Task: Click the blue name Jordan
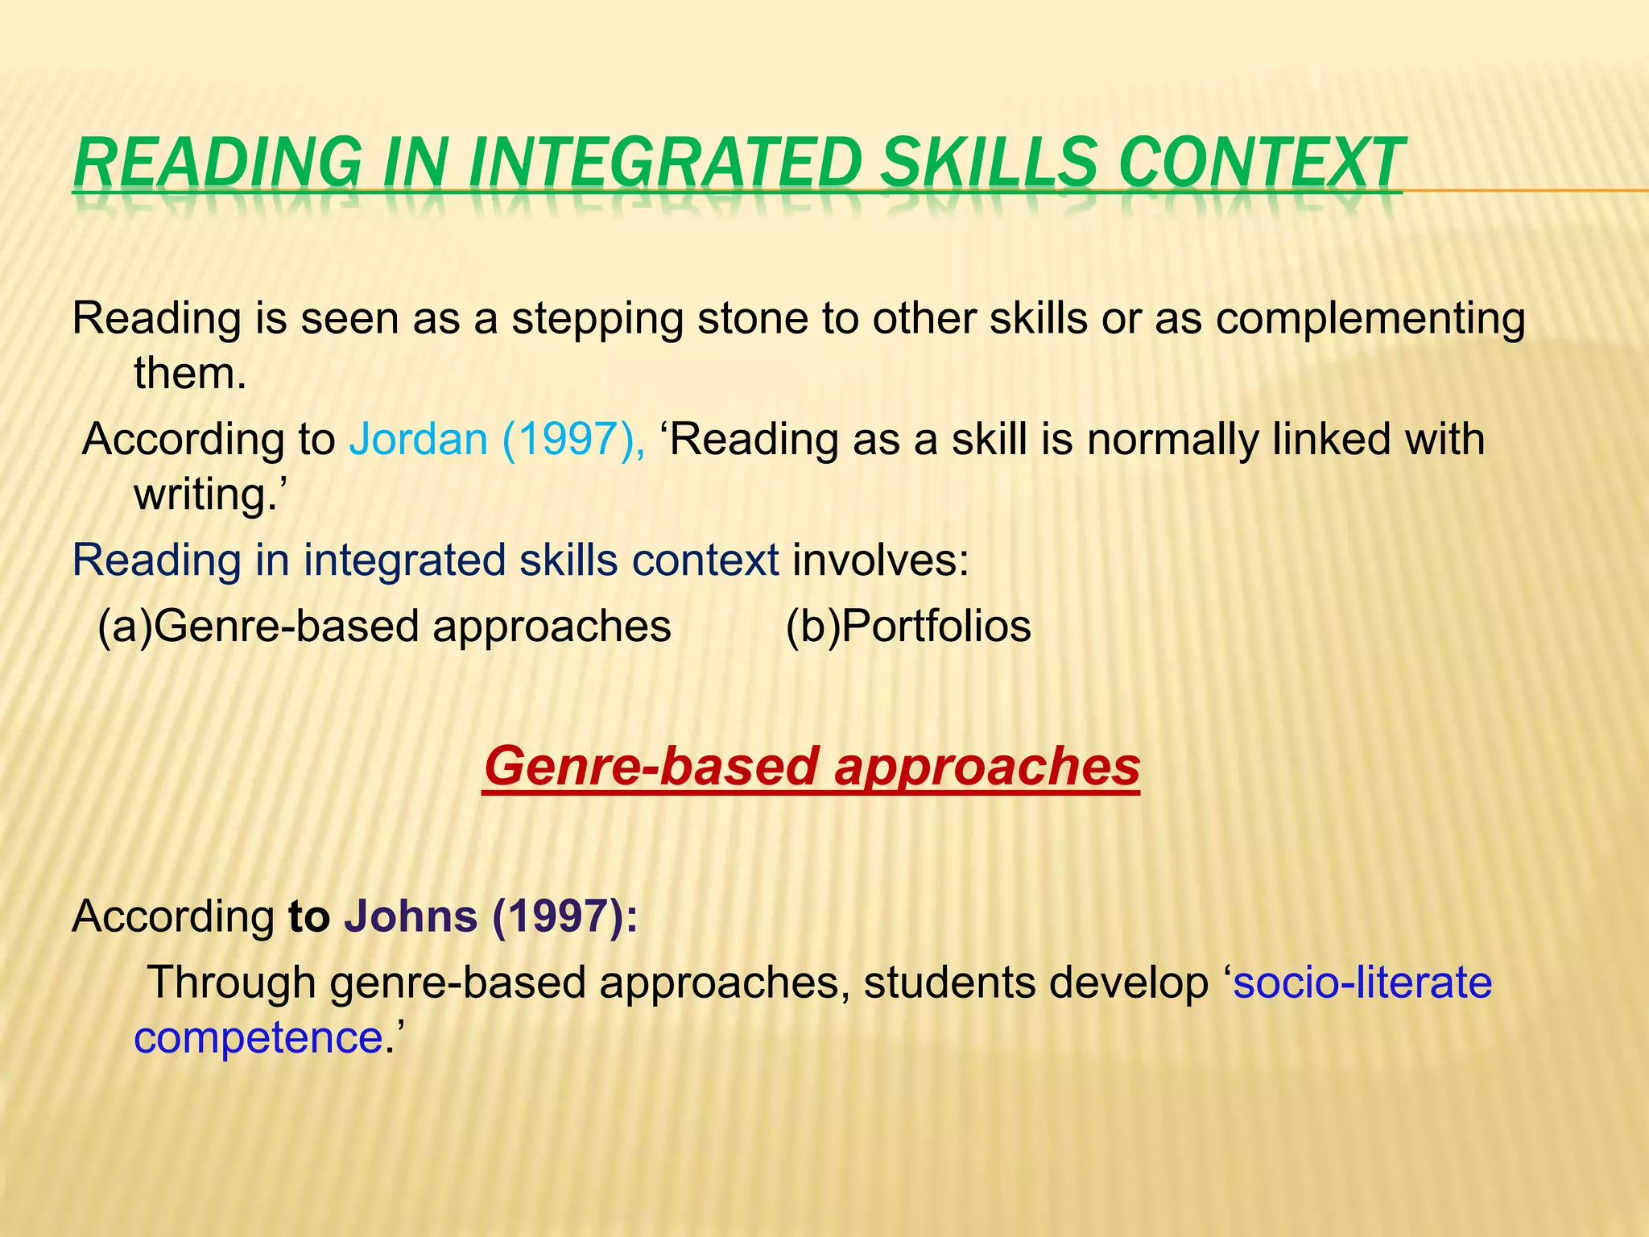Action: click(x=418, y=440)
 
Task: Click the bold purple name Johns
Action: click(x=411, y=916)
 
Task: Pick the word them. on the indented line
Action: click(x=190, y=373)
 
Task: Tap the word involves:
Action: click(x=881, y=560)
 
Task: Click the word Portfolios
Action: click(x=936, y=627)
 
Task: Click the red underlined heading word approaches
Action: click(x=987, y=767)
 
